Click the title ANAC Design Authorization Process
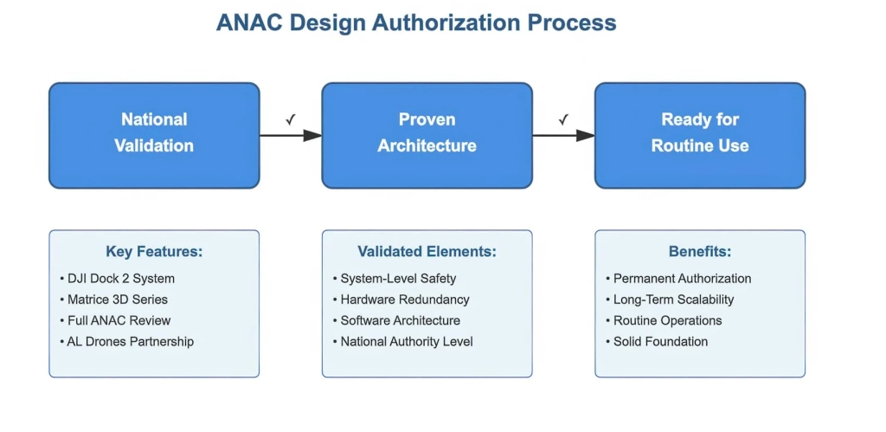pyautogui.click(x=416, y=23)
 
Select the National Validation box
pyautogui.click(x=154, y=135)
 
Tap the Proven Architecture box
pyautogui.click(x=427, y=135)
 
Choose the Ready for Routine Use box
pyautogui.click(x=699, y=135)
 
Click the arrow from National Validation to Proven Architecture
pyautogui.click(x=291, y=135)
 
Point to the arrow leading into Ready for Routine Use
pyautogui.click(x=563, y=135)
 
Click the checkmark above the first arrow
pyautogui.click(x=291, y=119)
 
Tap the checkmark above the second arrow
pyautogui.click(x=563, y=119)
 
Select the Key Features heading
pyautogui.click(x=154, y=252)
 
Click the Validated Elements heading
pyautogui.click(x=427, y=252)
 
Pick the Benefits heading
pyautogui.click(x=699, y=252)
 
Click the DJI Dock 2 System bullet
pyautogui.click(x=121, y=279)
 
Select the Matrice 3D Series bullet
pyautogui.click(x=118, y=300)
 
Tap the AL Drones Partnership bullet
pyautogui.click(x=131, y=341)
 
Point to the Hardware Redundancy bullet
pyautogui.click(x=404, y=300)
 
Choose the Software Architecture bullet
pyautogui.click(x=400, y=320)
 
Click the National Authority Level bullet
pyautogui.click(x=407, y=341)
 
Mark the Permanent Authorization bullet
pyautogui.click(x=682, y=279)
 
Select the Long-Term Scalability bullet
pyautogui.click(x=673, y=300)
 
